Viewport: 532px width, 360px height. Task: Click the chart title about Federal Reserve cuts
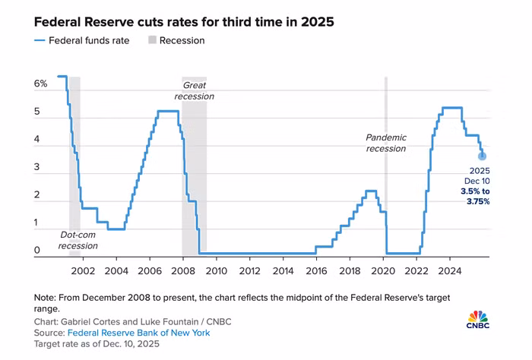[184, 22]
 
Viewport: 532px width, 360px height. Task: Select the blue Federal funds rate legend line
[40, 41]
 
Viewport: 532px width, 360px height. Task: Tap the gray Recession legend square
[152, 40]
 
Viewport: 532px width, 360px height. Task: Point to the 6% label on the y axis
[41, 84]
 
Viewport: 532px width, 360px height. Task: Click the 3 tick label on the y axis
[36, 167]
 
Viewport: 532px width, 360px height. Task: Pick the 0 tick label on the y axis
[36, 250]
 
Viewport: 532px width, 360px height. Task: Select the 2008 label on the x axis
[183, 271]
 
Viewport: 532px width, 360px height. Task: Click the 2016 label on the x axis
[316, 271]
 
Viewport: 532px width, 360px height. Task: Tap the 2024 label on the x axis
[450, 271]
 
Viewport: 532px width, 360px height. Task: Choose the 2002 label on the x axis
[83, 271]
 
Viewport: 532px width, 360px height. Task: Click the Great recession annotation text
[195, 91]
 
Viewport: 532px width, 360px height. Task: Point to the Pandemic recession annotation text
[386, 143]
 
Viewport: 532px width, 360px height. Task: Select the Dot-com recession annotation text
[78, 240]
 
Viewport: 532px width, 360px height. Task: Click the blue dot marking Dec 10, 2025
[482, 156]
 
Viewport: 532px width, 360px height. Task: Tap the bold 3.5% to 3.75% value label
[475, 197]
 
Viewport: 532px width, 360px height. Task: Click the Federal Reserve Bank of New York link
[139, 333]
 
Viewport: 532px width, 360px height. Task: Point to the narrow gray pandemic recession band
[386, 166]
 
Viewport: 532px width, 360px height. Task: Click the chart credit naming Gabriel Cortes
[133, 322]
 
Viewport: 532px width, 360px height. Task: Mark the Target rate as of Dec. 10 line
[97, 344]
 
